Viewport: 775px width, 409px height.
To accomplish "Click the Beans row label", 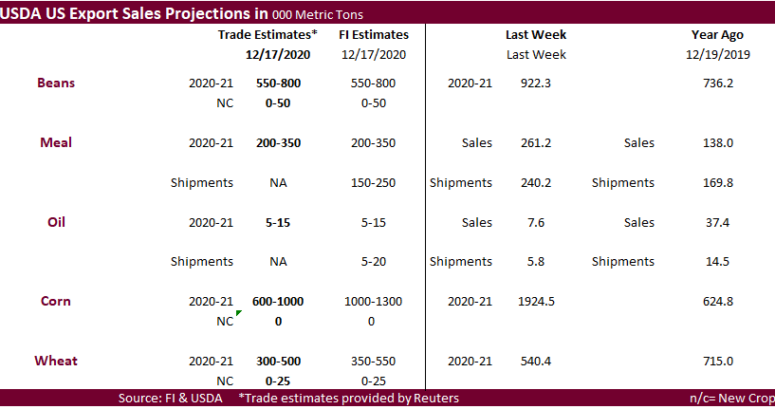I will (56, 83).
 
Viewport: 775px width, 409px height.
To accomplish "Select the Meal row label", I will (56, 142).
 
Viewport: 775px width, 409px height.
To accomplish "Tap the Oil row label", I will (56, 222).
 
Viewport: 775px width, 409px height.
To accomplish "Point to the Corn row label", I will (56, 301).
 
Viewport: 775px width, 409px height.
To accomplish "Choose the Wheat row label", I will (56, 361).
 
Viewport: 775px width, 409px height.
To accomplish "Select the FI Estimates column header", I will (373, 34).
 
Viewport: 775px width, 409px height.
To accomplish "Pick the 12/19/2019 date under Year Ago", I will (716, 54).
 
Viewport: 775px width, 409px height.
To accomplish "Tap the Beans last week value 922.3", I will (536, 84).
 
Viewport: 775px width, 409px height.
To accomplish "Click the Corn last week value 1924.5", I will (536, 302).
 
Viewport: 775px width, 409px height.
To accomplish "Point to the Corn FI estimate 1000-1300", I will (373, 302).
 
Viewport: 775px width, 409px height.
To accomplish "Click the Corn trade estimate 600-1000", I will (278, 302).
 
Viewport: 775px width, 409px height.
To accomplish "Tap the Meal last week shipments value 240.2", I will (536, 183).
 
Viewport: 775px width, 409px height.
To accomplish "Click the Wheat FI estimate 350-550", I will (373, 362).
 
